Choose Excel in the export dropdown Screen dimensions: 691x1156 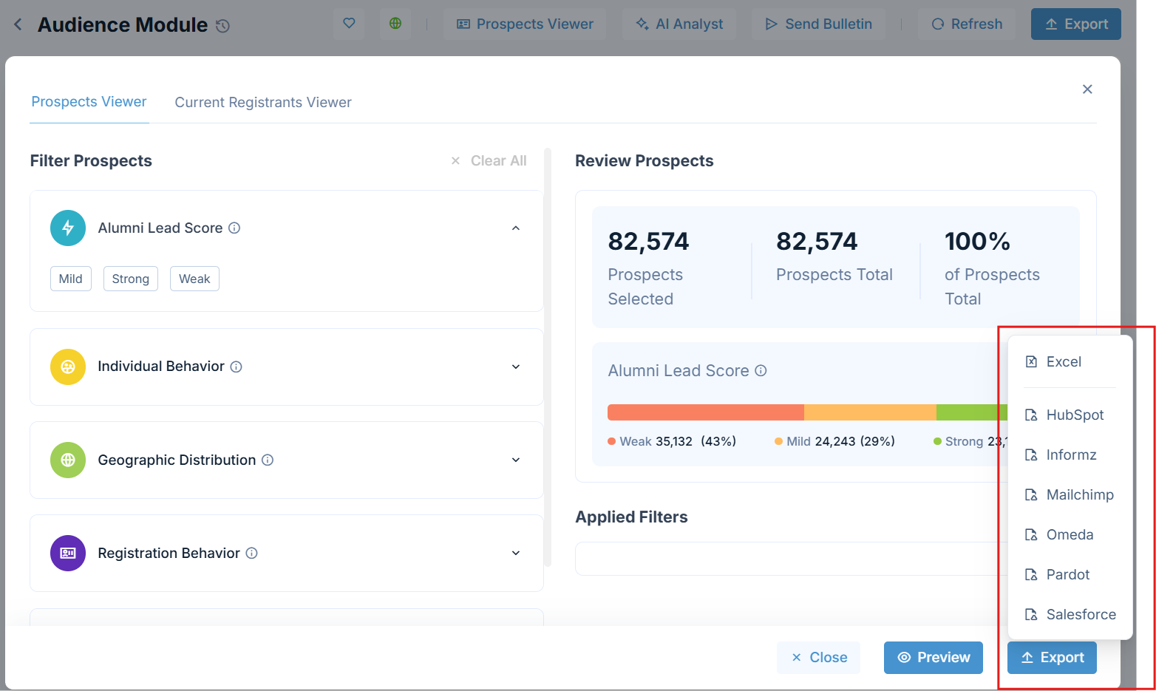(1063, 361)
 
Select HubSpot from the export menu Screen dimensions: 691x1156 (1074, 415)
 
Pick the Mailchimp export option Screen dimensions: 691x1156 (1079, 494)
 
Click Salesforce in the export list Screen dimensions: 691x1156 (1081, 614)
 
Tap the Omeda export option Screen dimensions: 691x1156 (1069, 534)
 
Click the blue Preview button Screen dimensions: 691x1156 (933, 657)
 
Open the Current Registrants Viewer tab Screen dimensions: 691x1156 (262, 102)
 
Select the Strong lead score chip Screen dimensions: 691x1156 (130, 279)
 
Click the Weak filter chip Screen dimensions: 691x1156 (194, 279)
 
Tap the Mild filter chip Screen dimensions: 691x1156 (71, 279)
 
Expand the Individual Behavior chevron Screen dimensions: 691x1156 (516, 367)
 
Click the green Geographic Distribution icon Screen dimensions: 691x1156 (68, 460)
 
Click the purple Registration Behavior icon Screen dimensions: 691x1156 (68, 553)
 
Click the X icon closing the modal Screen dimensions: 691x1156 (1087, 89)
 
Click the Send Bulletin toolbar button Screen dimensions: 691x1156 (818, 24)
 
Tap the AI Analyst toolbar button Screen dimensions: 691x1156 (679, 24)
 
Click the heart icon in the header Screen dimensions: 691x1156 (349, 23)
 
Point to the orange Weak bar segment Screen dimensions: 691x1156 (705, 412)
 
